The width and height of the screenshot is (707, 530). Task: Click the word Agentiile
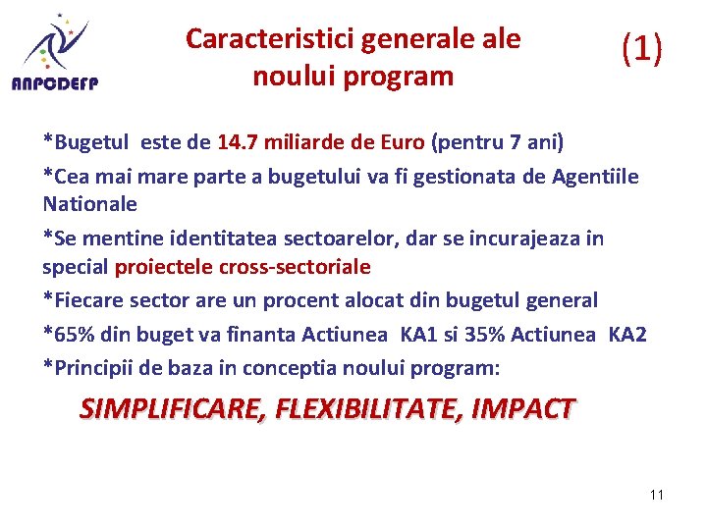click(595, 177)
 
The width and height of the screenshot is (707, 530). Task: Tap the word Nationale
click(89, 204)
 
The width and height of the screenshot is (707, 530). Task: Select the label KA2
click(626, 335)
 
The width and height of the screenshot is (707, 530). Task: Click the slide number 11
click(657, 495)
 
